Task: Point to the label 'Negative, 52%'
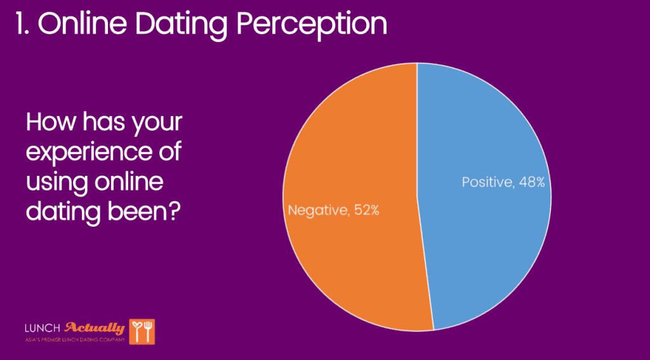tap(333, 210)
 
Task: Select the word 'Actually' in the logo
tap(95, 328)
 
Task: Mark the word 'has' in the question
tap(104, 122)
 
